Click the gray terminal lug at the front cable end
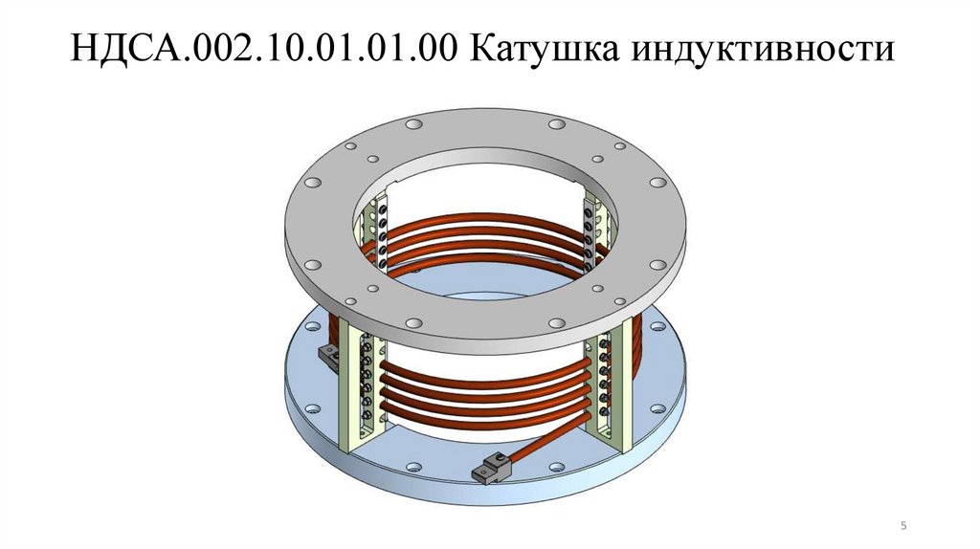pyautogui.click(x=489, y=469)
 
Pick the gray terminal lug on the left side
pyautogui.click(x=325, y=356)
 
